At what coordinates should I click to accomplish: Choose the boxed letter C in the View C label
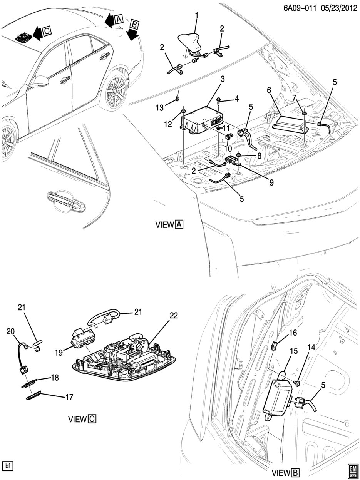point(92,419)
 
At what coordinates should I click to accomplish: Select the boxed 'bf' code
point(7,466)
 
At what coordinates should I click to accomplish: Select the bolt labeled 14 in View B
point(298,383)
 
